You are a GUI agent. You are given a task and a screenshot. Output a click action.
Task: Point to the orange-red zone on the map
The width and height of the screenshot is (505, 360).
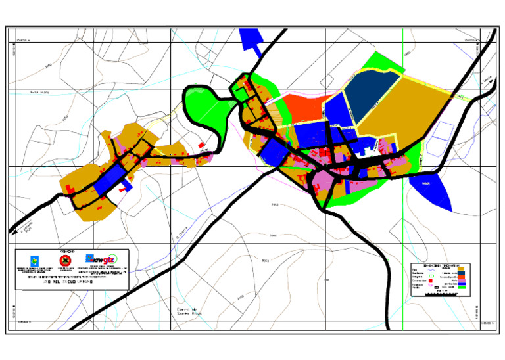(303, 108)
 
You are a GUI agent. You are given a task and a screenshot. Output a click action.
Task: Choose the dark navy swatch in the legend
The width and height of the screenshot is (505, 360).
(461, 273)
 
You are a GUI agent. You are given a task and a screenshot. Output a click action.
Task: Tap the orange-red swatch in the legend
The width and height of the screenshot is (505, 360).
(461, 277)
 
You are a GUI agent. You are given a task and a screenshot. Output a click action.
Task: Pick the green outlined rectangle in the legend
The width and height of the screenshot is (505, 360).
(432, 277)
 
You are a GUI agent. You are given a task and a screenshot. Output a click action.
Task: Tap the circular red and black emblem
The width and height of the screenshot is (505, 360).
(65, 260)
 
